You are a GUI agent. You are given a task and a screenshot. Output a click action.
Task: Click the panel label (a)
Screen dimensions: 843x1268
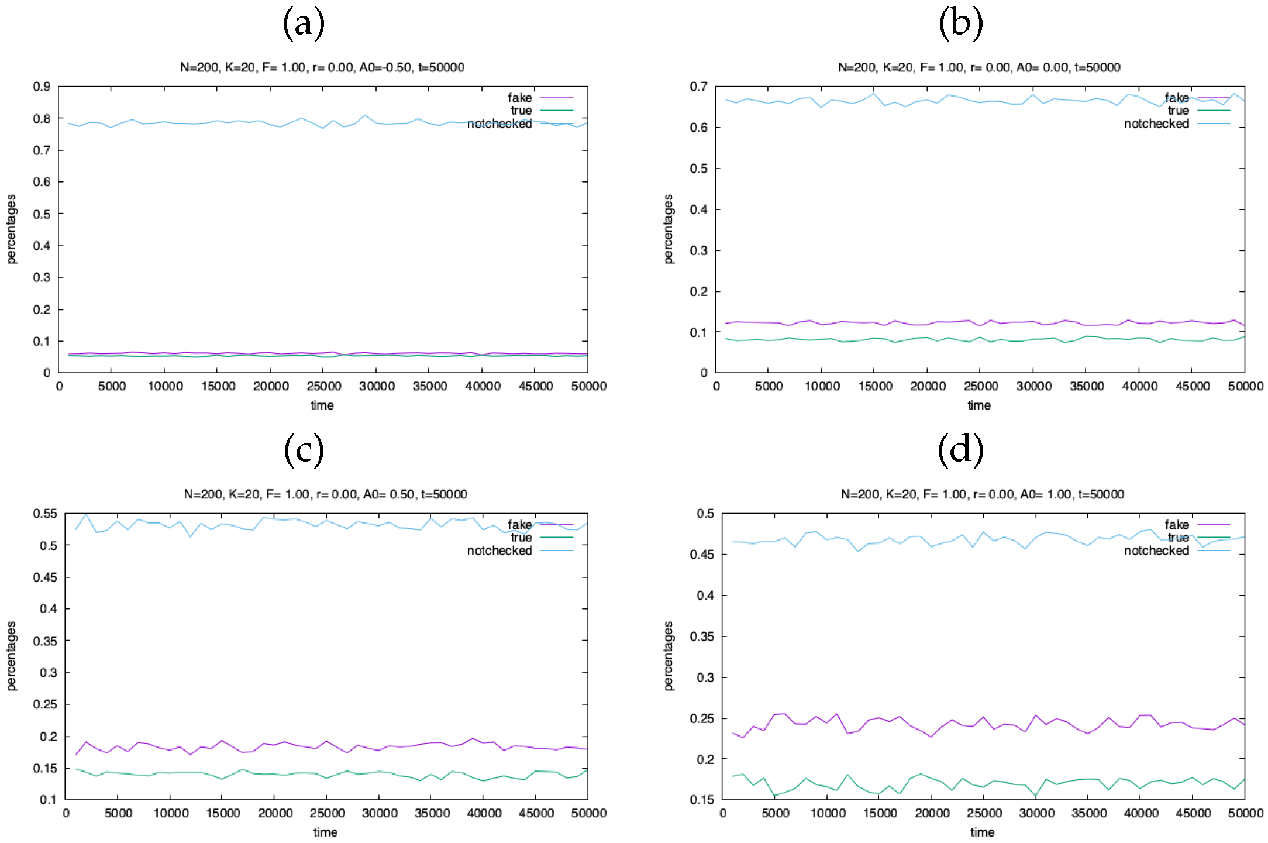click(304, 24)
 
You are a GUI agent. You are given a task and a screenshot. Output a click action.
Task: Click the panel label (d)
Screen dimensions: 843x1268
click(960, 450)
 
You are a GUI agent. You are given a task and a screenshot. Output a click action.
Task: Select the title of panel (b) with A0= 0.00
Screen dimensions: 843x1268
click(978, 67)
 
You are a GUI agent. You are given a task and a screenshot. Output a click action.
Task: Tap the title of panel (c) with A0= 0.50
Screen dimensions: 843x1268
click(325, 494)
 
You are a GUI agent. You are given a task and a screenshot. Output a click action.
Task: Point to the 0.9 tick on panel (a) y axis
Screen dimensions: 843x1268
click(42, 87)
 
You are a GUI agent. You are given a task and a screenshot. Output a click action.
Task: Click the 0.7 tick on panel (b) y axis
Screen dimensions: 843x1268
click(698, 87)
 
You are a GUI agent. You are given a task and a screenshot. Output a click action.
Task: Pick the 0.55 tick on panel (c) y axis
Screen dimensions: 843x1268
click(45, 514)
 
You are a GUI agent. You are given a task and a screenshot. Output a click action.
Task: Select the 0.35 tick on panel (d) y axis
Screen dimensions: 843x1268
click(702, 636)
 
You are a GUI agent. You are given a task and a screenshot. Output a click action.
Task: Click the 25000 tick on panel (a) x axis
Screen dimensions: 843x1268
click(323, 386)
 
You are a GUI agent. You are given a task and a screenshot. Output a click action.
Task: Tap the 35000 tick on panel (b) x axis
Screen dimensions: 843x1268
click(1086, 386)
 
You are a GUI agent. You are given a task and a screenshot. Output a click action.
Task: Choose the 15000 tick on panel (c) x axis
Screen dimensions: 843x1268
click(223, 813)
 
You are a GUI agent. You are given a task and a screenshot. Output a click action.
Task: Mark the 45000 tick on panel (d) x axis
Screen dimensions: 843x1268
click(1193, 813)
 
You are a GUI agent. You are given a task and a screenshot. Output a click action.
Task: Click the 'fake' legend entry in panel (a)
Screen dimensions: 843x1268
click(520, 98)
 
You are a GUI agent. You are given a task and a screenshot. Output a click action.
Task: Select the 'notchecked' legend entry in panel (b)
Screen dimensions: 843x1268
click(1156, 123)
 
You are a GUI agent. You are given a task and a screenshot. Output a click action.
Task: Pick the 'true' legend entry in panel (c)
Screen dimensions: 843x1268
click(521, 537)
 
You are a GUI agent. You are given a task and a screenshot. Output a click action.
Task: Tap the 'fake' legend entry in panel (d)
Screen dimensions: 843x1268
click(1177, 525)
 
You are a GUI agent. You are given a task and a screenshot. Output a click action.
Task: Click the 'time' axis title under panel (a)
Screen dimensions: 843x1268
click(322, 405)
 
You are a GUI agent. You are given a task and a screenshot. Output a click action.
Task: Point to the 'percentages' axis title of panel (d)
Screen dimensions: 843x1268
click(669, 656)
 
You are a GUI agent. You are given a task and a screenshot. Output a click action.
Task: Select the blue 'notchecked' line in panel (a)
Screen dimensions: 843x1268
click(234, 122)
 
